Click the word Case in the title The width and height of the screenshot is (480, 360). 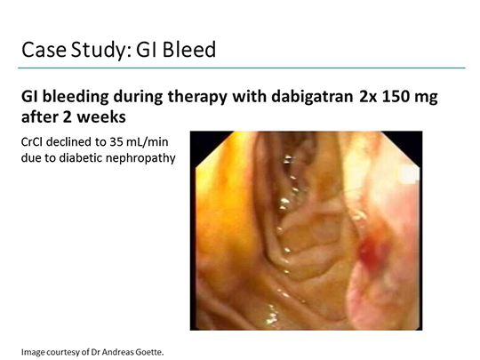point(44,50)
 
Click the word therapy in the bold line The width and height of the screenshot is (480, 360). point(197,98)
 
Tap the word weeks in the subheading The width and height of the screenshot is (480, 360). point(101,117)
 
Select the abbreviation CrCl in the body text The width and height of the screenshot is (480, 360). point(31,142)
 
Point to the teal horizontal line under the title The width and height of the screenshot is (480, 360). point(242,68)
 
